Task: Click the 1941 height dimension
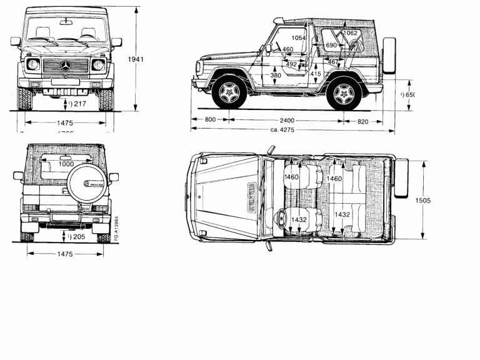pos(136,60)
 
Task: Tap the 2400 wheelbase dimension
pos(290,119)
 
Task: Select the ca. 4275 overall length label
pos(282,130)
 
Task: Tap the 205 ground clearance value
pos(77,237)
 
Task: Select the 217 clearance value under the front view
pos(77,103)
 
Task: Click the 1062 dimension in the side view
pos(350,33)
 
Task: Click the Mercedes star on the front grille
pos(67,66)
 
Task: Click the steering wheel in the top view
pos(281,219)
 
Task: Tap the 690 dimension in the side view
pos(331,46)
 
